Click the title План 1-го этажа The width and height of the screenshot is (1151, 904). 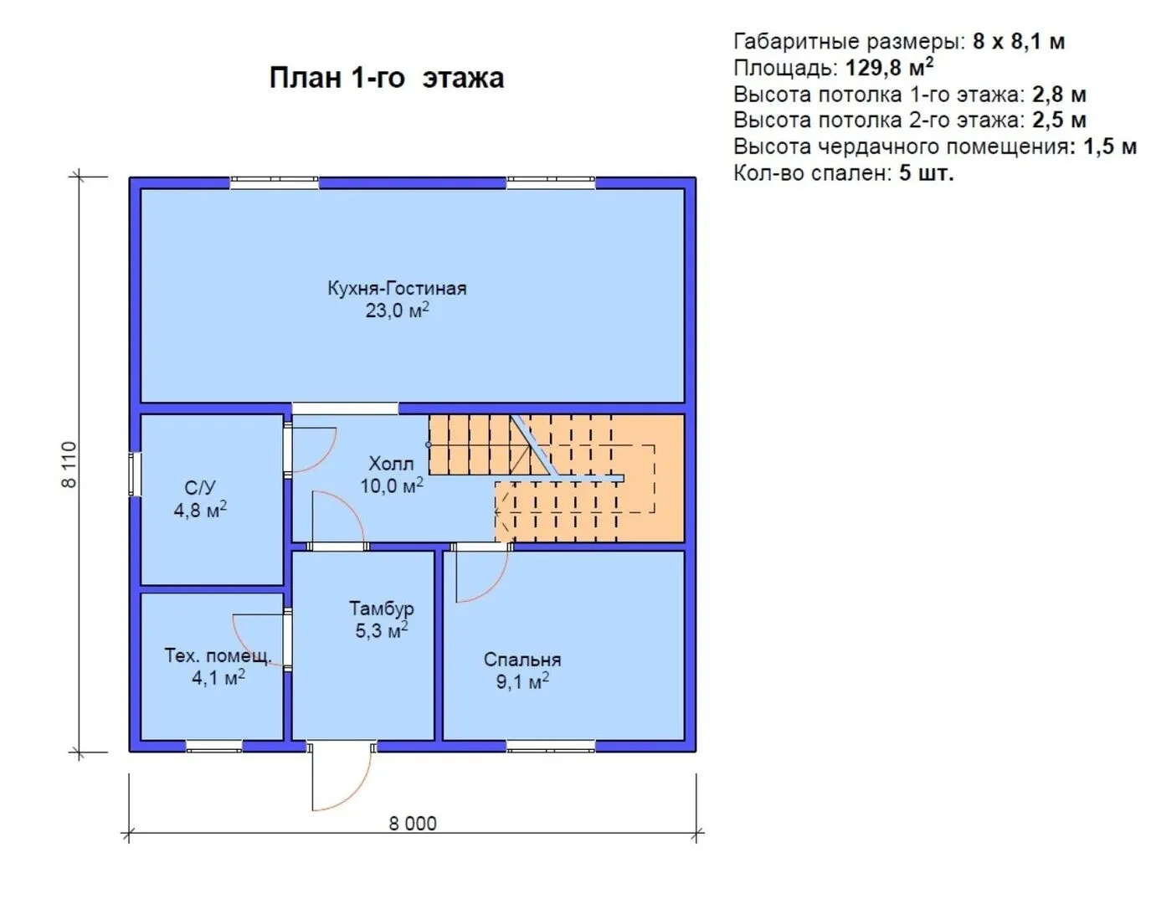click(387, 78)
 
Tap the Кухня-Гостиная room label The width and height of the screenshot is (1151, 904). click(397, 289)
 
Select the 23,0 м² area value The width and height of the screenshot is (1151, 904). click(397, 311)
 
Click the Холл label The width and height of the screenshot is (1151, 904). click(391, 464)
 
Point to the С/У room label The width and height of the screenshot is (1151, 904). click(200, 487)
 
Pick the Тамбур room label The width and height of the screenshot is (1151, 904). click(381, 609)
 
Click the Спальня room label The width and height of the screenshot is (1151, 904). click(522, 660)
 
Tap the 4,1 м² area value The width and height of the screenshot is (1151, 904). click(218, 678)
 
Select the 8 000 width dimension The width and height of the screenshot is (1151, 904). click(413, 824)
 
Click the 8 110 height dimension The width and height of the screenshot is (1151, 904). click(69, 465)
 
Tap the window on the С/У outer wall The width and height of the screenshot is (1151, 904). click(135, 474)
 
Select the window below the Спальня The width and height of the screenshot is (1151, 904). click(551, 746)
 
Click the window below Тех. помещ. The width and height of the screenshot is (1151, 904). click(214, 746)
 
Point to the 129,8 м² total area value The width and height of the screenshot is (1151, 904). click(889, 68)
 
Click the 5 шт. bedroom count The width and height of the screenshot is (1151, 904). click(927, 173)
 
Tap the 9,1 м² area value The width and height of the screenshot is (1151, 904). click(522, 681)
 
